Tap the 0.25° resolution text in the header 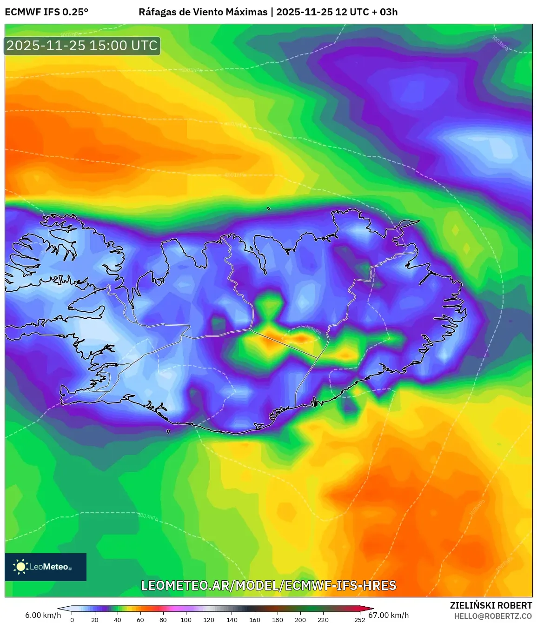[x=75, y=12]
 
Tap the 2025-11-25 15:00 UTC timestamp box [x=82, y=46]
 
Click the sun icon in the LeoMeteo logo [x=20, y=567]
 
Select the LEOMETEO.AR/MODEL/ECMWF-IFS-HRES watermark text [x=269, y=585]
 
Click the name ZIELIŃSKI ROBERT [x=491, y=605]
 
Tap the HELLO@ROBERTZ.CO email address [x=493, y=616]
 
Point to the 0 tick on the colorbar [x=72, y=619]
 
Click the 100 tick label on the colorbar [x=186, y=619]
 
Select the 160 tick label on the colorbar [x=254, y=619]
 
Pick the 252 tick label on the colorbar [x=359, y=619]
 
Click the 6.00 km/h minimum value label [x=43, y=615]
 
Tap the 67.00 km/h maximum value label [x=389, y=615]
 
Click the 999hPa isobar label [x=313, y=330]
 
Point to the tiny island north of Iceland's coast [x=269, y=208]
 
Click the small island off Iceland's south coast [x=168, y=431]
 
